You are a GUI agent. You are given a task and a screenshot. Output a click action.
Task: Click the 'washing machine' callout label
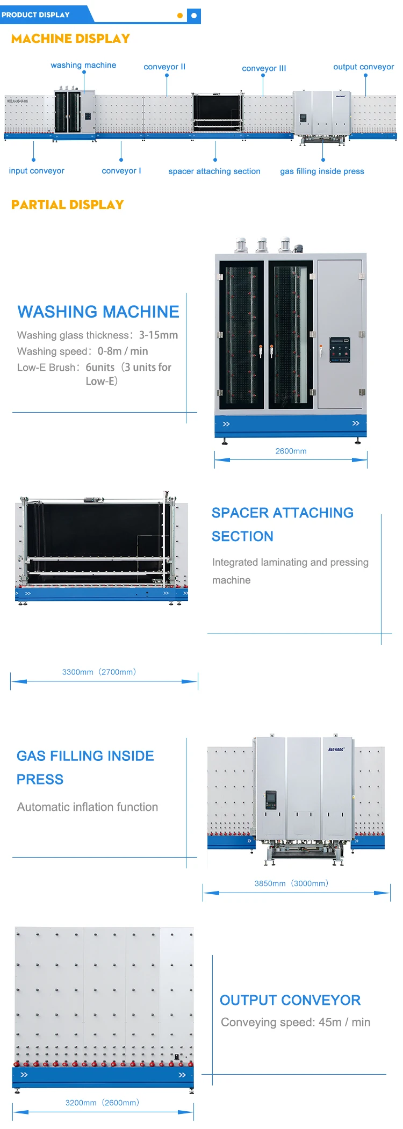[83, 65]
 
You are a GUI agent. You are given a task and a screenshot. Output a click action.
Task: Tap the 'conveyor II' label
[164, 67]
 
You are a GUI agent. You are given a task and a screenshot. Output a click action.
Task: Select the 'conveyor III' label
[264, 68]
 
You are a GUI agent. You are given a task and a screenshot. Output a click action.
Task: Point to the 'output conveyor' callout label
[363, 67]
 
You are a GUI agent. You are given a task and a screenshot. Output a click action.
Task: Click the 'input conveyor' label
[37, 170]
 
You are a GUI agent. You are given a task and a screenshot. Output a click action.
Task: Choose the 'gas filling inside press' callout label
[322, 171]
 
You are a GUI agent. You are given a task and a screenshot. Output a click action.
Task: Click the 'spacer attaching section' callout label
[214, 171]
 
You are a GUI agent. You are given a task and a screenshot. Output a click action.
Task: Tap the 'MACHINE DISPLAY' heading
[70, 39]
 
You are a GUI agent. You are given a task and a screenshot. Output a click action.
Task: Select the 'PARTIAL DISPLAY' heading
[68, 205]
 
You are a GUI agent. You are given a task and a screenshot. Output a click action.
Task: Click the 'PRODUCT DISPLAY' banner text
[35, 15]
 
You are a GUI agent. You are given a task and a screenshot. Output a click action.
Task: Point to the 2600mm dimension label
[291, 451]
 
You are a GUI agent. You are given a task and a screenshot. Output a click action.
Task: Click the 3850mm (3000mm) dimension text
[291, 883]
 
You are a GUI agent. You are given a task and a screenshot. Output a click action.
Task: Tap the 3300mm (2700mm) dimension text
[99, 672]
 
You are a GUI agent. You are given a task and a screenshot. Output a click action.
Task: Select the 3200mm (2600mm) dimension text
[102, 1102]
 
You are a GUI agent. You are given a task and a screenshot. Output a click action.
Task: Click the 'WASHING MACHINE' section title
[98, 312]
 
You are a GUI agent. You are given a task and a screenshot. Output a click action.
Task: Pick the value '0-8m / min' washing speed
[123, 351]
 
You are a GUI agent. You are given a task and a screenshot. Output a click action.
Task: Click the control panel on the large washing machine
[339, 349]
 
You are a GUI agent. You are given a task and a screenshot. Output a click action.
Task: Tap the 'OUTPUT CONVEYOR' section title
[290, 1000]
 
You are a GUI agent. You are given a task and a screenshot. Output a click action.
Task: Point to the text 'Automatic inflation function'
[88, 807]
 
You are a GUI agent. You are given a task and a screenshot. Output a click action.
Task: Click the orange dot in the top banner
[180, 16]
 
